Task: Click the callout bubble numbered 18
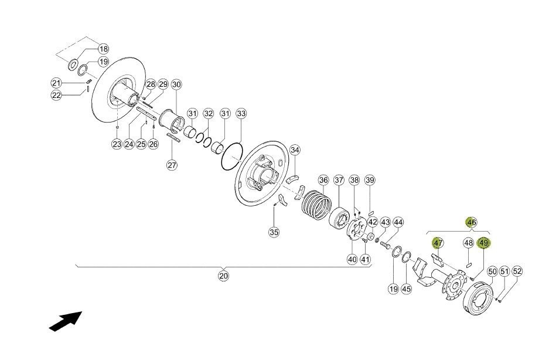click(x=103, y=49)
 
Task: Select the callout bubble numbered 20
click(x=223, y=276)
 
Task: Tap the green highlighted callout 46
click(x=472, y=222)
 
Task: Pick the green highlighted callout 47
click(x=438, y=243)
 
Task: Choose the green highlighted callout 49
click(x=484, y=243)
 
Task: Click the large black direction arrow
click(x=66, y=321)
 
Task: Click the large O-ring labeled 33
click(x=232, y=157)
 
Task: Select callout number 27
click(x=172, y=165)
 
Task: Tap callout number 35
click(x=274, y=232)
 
